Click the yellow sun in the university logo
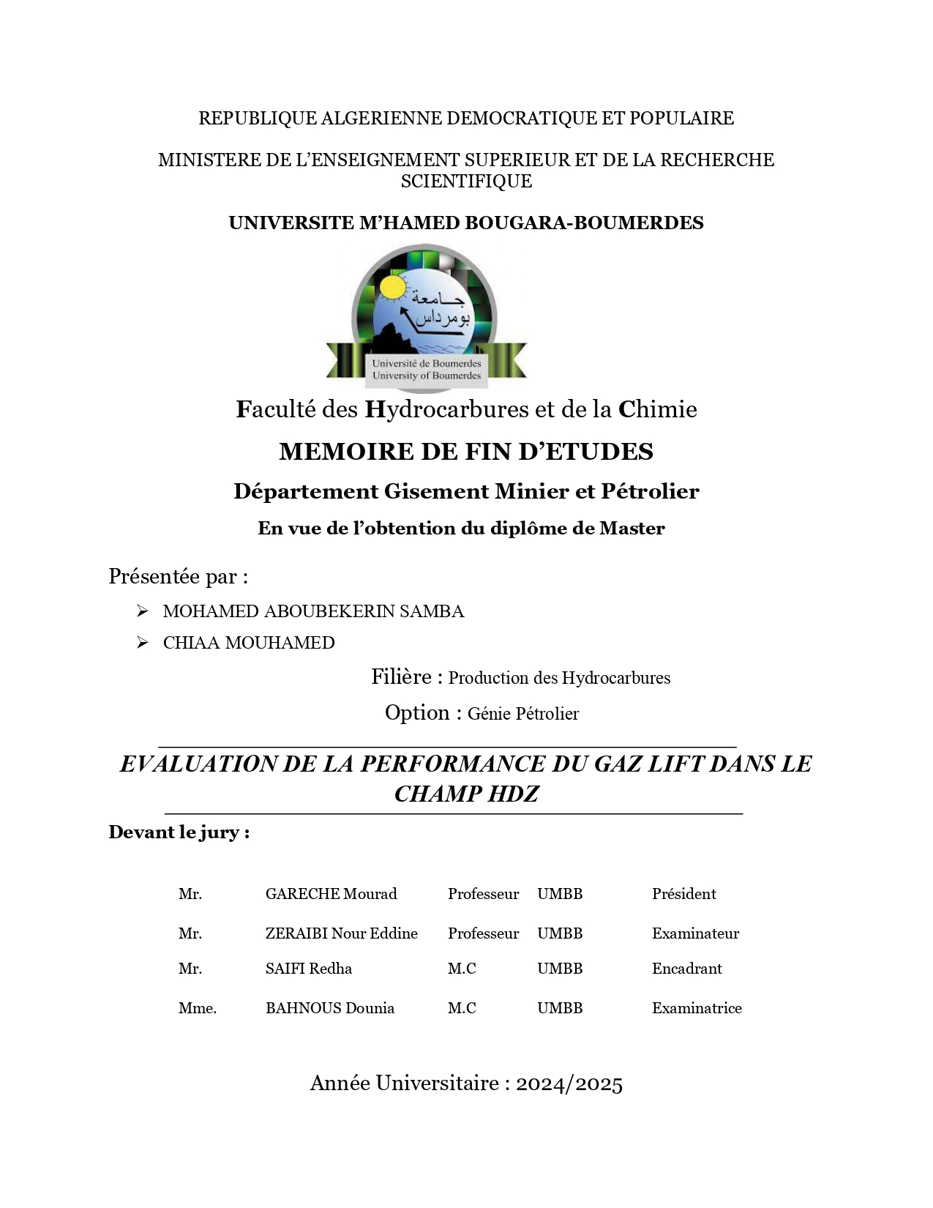(x=394, y=286)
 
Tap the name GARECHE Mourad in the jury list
(x=331, y=894)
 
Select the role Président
(x=683, y=894)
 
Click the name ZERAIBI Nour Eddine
(x=341, y=933)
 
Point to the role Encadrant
(x=686, y=969)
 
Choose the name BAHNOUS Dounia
(x=329, y=1008)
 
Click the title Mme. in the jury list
(x=198, y=1008)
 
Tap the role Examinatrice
(x=697, y=1008)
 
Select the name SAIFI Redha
(x=308, y=969)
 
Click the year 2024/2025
(x=569, y=1084)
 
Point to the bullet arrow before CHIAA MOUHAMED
(x=143, y=643)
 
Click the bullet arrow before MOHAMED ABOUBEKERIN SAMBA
(x=143, y=611)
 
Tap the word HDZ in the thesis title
(x=512, y=794)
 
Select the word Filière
(x=401, y=677)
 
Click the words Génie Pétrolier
(x=522, y=714)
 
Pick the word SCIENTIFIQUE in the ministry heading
(x=466, y=182)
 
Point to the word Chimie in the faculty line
(x=657, y=409)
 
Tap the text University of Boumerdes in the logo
(x=427, y=376)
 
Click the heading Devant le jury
(x=179, y=832)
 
